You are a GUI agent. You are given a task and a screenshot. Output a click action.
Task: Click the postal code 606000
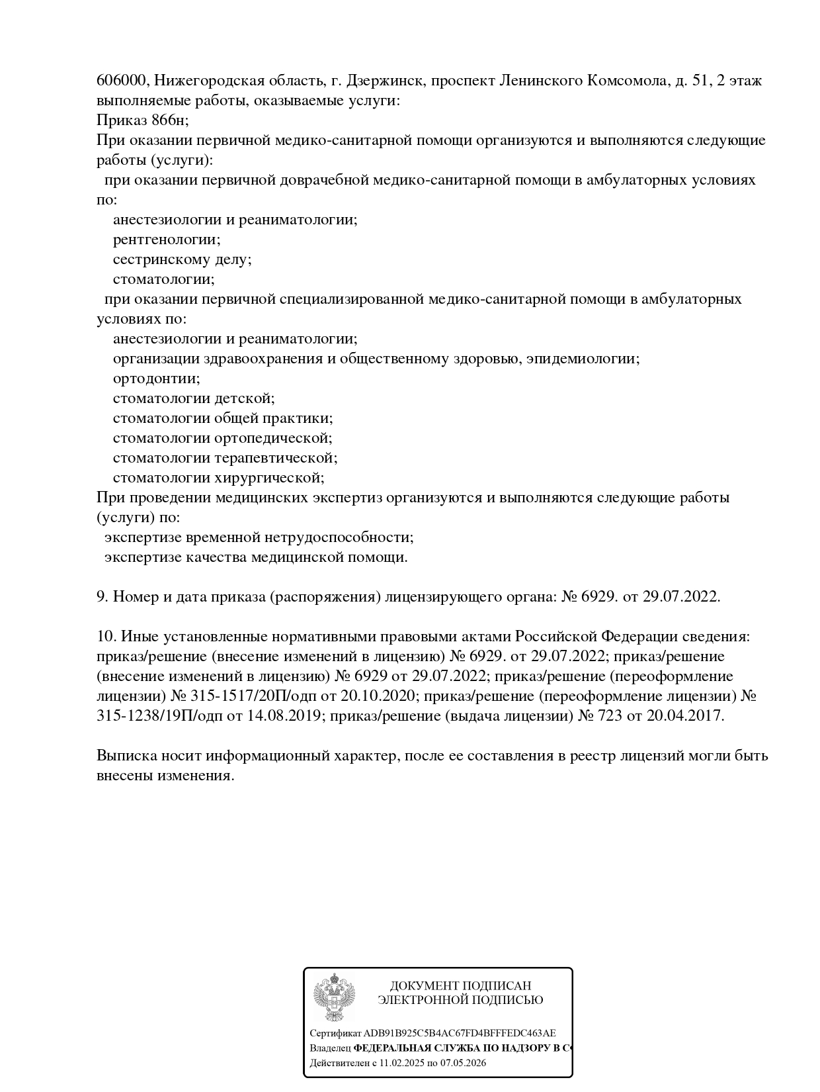pos(122,81)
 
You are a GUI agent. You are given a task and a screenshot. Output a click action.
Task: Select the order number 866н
pos(163,120)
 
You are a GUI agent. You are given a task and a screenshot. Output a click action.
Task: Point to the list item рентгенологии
pos(167,240)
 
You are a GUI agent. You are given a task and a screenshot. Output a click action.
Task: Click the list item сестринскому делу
pos(182,259)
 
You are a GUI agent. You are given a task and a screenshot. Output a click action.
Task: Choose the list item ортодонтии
pos(156,379)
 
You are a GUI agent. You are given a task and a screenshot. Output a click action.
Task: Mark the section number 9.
pos(102,597)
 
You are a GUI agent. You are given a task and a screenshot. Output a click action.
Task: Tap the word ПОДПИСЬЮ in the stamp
pos(507,1000)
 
